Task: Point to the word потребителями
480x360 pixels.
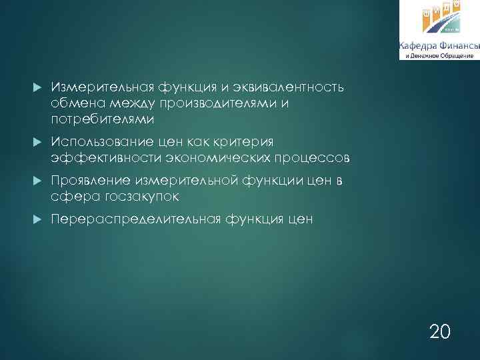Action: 102,120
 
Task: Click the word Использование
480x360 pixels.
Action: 101,142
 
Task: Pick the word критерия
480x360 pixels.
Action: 247,142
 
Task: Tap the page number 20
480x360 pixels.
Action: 439,331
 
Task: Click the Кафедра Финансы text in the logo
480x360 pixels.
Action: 439,45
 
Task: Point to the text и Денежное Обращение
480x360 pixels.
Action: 439,55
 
